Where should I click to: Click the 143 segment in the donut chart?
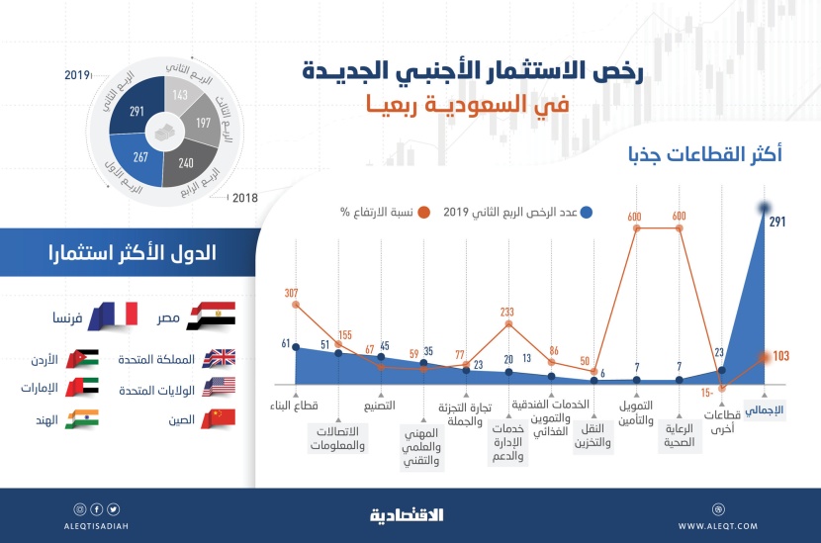click(x=181, y=95)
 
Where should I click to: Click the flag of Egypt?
click(x=218, y=317)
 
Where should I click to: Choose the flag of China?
click(x=218, y=418)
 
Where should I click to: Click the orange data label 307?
click(x=291, y=293)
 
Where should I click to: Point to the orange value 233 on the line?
click(x=506, y=310)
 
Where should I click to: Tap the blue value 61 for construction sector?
click(x=286, y=344)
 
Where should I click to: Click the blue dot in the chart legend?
click(x=588, y=211)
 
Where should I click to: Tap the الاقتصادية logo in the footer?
click(x=407, y=514)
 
